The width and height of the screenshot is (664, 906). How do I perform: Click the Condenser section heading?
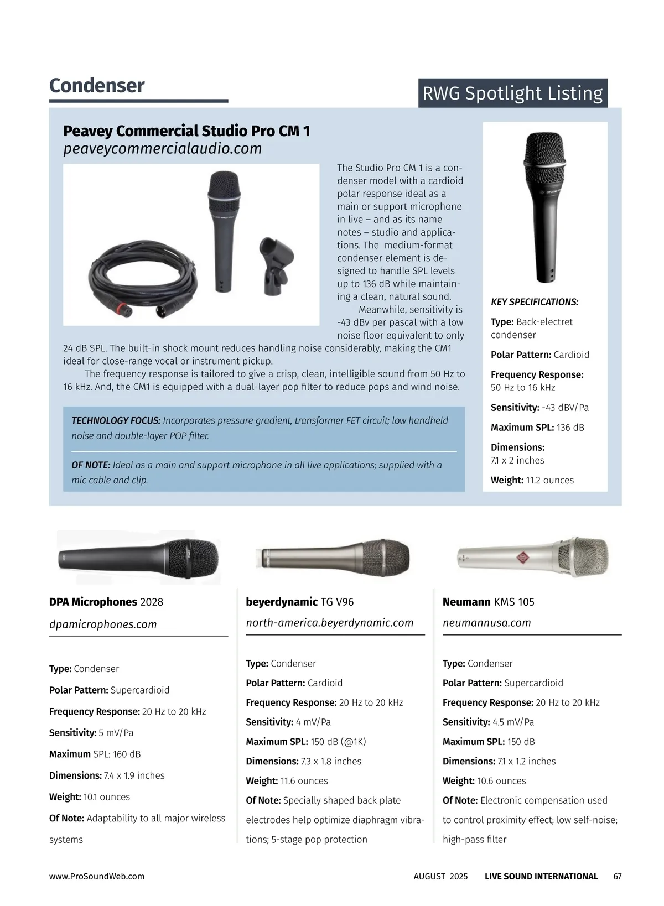97,86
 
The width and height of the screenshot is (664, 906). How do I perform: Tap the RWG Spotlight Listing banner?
512,93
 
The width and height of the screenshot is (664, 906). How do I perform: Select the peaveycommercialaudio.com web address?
162,149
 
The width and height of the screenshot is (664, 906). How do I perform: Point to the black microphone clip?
276,265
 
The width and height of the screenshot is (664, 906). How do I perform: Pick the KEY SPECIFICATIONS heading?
535,302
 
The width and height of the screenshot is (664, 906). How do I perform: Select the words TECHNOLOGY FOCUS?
116,421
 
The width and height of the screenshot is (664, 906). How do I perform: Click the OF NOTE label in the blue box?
91,465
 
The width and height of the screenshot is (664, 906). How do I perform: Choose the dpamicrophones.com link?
103,624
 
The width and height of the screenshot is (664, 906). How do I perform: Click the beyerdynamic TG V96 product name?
299,602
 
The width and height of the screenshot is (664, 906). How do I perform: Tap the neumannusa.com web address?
487,623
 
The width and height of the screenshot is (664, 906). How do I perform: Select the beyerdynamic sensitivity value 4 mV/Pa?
313,722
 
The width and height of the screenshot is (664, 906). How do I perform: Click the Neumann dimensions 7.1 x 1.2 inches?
526,762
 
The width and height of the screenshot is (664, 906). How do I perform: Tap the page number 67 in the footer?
618,877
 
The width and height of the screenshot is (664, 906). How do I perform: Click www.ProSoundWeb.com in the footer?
97,877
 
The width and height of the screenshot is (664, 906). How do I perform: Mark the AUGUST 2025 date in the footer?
440,877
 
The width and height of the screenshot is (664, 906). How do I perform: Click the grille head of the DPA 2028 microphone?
194,557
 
